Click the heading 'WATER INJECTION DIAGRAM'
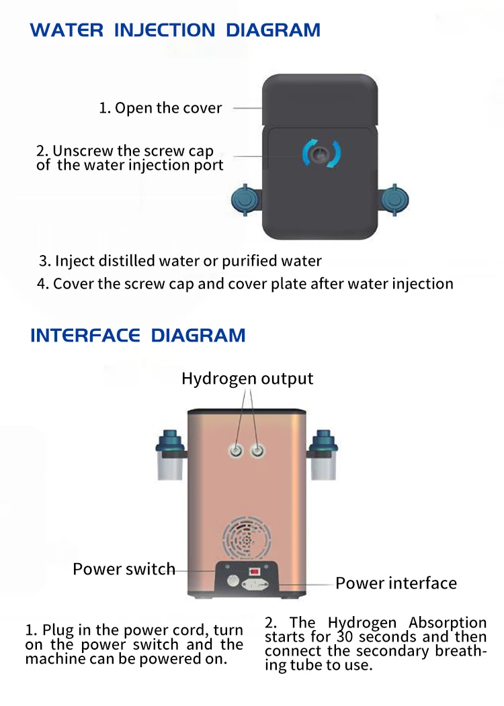click(x=175, y=30)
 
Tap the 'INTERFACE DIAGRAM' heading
click(x=138, y=336)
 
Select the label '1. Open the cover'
click(x=161, y=108)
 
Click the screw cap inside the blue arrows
click(x=321, y=153)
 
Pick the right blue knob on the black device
click(x=395, y=201)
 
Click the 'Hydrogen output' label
click(x=247, y=379)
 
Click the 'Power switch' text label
click(x=124, y=569)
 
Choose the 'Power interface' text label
click(x=396, y=583)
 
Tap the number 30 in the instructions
click(x=345, y=637)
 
